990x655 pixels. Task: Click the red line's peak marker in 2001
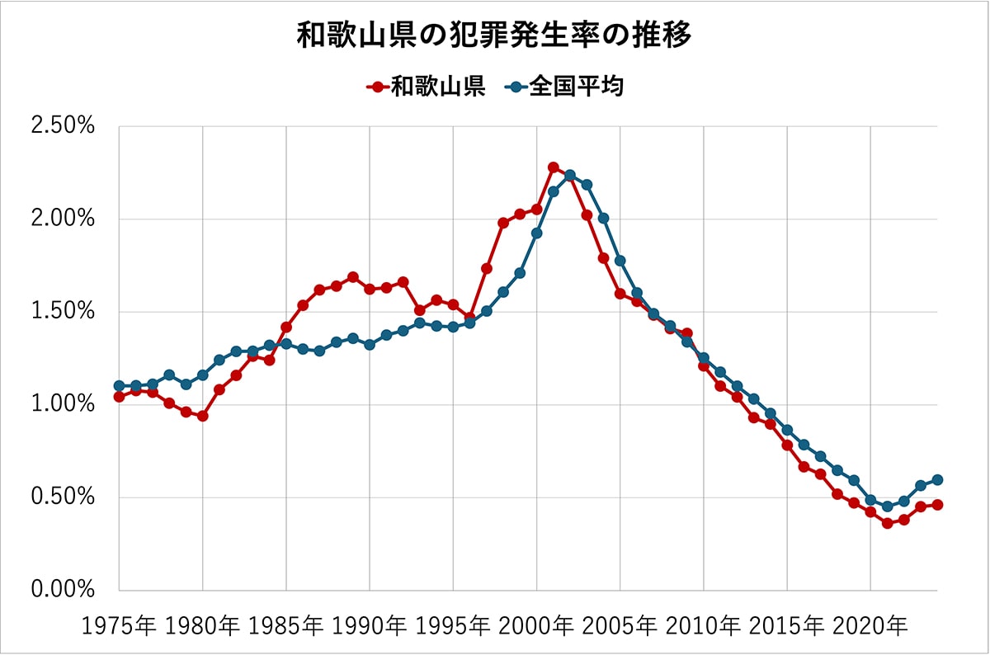[x=554, y=167]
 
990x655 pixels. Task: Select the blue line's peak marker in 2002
[x=570, y=175]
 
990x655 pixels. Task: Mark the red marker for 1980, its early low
[x=203, y=416]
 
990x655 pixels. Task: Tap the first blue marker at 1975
[x=120, y=386]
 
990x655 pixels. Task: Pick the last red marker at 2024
[x=937, y=505]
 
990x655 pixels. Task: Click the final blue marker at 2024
[x=937, y=480]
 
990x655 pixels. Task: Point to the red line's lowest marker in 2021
[x=887, y=523]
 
